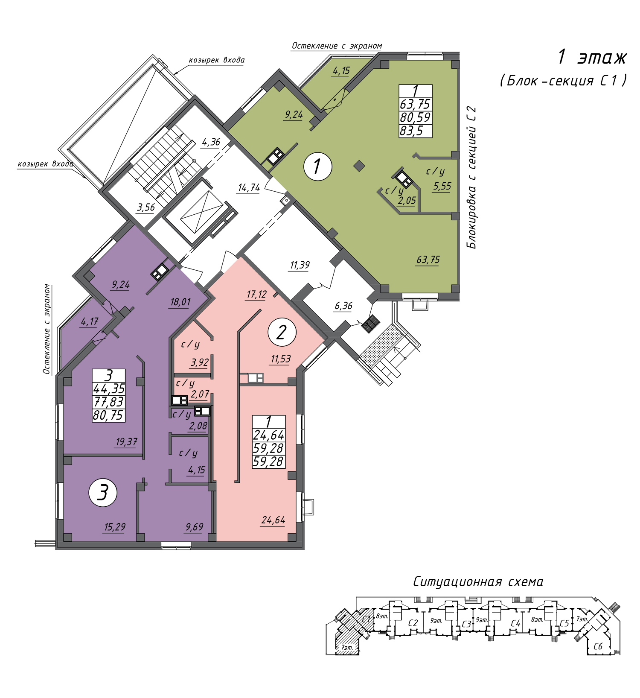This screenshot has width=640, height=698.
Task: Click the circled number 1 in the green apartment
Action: tap(317, 166)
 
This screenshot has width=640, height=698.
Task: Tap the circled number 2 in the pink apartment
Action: tap(282, 332)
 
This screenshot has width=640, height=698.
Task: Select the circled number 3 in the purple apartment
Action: tap(103, 493)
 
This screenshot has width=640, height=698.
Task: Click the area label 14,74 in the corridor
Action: tap(249, 187)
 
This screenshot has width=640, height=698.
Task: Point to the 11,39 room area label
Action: tap(300, 265)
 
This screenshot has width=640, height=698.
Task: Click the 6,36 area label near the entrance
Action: tap(343, 306)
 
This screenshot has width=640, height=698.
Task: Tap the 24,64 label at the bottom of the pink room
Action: tap(273, 520)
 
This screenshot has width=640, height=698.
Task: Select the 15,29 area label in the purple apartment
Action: tap(114, 527)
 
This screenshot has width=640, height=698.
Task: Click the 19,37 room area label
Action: tap(126, 441)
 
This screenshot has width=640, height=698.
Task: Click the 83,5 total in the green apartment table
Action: tap(411, 131)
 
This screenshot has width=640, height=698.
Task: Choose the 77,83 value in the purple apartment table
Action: tap(108, 402)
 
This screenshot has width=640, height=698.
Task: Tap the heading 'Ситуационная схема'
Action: tap(478, 581)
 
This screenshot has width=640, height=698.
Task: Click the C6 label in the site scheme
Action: tap(597, 646)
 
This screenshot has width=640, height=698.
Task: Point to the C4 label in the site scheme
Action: tap(515, 623)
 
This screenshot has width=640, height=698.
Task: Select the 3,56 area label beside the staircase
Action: tap(145, 207)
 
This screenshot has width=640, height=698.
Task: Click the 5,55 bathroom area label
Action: tap(442, 186)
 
